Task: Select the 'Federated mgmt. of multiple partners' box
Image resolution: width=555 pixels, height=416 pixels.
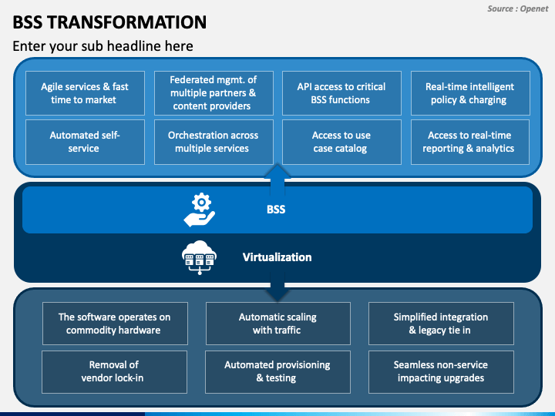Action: coord(212,93)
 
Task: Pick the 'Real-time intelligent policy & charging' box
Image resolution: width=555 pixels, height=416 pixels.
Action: coord(469,93)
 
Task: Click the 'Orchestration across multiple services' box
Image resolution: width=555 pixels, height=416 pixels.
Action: coord(212,142)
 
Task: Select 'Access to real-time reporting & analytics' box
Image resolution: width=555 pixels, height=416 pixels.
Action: coord(469,142)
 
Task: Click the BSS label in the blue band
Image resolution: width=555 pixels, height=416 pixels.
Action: coord(276,209)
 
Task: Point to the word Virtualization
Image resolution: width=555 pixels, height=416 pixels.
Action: coord(277,257)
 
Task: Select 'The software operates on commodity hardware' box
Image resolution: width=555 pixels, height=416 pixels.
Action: coord(114,324)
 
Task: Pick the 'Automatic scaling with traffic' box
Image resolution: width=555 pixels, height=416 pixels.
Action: coord(277,324)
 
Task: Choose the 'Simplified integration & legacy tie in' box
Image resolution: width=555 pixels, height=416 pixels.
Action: coord(441,324)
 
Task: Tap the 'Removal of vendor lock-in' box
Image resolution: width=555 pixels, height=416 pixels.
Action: coord(114,371)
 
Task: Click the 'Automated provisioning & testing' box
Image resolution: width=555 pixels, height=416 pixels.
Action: coord(277,371)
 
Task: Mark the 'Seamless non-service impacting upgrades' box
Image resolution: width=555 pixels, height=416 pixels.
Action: coord(441,371)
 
